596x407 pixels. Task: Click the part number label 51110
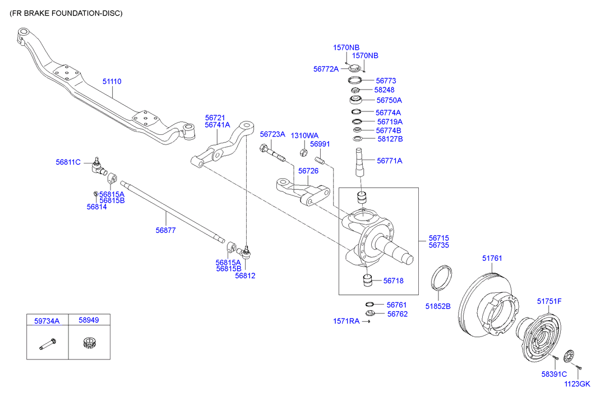(112, 82)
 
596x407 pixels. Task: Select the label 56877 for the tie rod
(165, 231)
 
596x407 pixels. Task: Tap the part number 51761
(492, 259)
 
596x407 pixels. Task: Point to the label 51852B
(437, 306)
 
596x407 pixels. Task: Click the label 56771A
(390, 161)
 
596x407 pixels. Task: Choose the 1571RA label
(346, 321)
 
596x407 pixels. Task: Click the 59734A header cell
(48, 320)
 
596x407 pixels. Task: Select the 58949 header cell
(89, 320)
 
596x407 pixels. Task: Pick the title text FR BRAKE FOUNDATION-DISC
(66, 13)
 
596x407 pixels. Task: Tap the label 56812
(245, 275)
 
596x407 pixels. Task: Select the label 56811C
(68, 162)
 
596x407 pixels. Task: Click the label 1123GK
(577, 384)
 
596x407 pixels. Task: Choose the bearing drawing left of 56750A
(355, 100)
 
